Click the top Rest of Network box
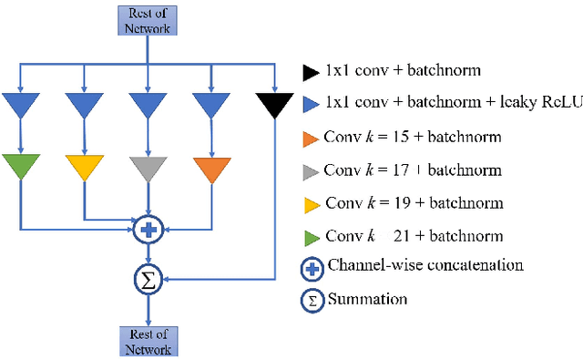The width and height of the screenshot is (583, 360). click(148, 20)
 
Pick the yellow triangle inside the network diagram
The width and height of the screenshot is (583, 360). click(84, 167)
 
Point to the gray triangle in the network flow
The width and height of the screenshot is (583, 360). click(148, 167)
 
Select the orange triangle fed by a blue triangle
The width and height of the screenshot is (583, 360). click(211, 167)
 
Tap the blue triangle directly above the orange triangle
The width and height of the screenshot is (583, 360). click(211, 107)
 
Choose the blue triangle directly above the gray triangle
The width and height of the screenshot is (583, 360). click(148, 107)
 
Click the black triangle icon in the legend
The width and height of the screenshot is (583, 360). click(309, 70)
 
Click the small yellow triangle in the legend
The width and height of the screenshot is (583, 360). click(309, 203)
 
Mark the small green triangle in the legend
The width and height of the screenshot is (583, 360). click(309, 236)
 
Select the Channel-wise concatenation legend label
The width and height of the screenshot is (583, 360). click(425, 265)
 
